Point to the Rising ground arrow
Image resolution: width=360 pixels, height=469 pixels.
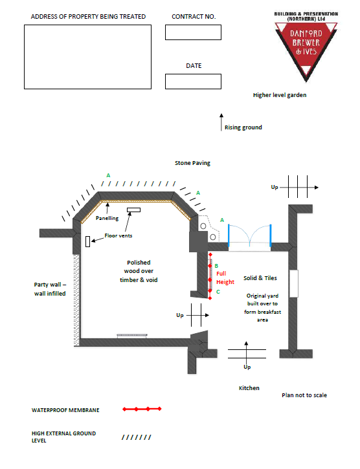click(221, 122)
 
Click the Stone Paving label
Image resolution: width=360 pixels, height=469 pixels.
click(192, 163)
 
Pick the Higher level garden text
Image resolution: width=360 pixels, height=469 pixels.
click(280, 95)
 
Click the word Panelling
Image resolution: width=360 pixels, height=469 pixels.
click(107, 219)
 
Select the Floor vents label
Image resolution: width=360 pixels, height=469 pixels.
click(118, 235)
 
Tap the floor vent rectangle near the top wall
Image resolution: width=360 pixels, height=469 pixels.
click(133, 210)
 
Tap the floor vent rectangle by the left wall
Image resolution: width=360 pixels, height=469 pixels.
click(88, 241)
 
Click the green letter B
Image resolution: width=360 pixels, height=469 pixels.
click(216, 266)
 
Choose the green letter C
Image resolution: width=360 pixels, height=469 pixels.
click(218, 292)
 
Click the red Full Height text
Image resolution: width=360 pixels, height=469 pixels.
click(225, 278)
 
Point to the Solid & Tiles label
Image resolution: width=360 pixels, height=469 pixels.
click(260, 278)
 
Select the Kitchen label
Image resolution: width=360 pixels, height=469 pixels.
click(249, 388)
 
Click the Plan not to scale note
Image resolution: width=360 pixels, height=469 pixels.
click(304, 395)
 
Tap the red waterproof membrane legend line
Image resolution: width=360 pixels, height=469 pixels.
click(142, 409)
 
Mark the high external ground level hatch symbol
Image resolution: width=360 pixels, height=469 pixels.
click(137, 437)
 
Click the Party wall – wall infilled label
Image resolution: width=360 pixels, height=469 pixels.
click(50, 289)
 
